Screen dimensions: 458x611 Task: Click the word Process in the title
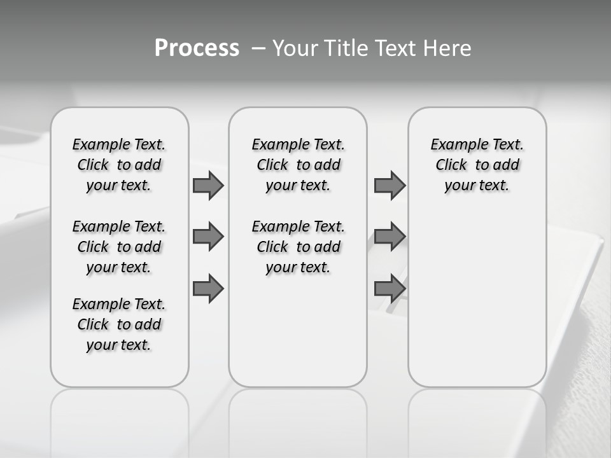(197, 48)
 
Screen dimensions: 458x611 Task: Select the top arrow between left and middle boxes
(208, 185)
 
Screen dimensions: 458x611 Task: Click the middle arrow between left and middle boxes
(208, 237)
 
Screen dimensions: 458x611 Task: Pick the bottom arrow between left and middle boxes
(208, 289)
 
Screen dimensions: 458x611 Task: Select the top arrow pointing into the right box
(390, 185)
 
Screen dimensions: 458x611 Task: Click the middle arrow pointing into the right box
(390, 237)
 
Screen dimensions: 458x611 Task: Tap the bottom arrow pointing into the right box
(390, 289)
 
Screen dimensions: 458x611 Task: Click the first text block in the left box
(119, 165)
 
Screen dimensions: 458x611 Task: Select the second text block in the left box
(119, 247)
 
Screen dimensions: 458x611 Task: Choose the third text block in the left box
(119, 324)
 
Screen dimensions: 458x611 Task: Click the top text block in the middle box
(298, 165)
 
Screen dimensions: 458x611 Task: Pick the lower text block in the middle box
(298, 247)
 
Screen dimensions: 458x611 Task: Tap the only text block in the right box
(477, 165)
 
